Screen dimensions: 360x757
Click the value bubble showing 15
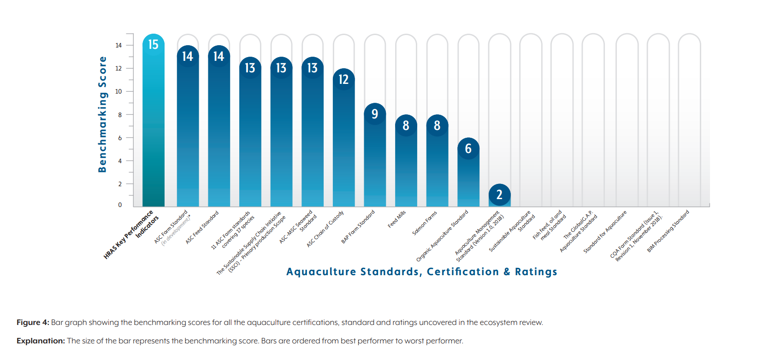click(153, 45)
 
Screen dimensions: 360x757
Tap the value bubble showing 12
click(343, 79)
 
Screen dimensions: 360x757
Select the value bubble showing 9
click(375, 114)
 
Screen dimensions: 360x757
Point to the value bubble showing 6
click(468, 148)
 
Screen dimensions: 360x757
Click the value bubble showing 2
click(499, 195)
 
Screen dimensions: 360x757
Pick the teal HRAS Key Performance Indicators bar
click(153, 138)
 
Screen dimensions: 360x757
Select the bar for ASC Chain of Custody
click(343, 148)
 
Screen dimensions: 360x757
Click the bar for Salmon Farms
click(437, 171)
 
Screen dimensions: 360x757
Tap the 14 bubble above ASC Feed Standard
click(219, 56)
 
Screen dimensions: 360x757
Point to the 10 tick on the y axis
click(118, 91)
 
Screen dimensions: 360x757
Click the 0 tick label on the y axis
click(120, 205)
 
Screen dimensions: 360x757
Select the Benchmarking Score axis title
click(102, 114)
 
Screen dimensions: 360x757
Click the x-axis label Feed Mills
click(397, 219)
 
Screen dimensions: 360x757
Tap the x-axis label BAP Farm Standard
click(358, 227)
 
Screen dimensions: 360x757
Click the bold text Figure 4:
click(33, 322)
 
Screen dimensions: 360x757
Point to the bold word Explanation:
click(41, 341)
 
